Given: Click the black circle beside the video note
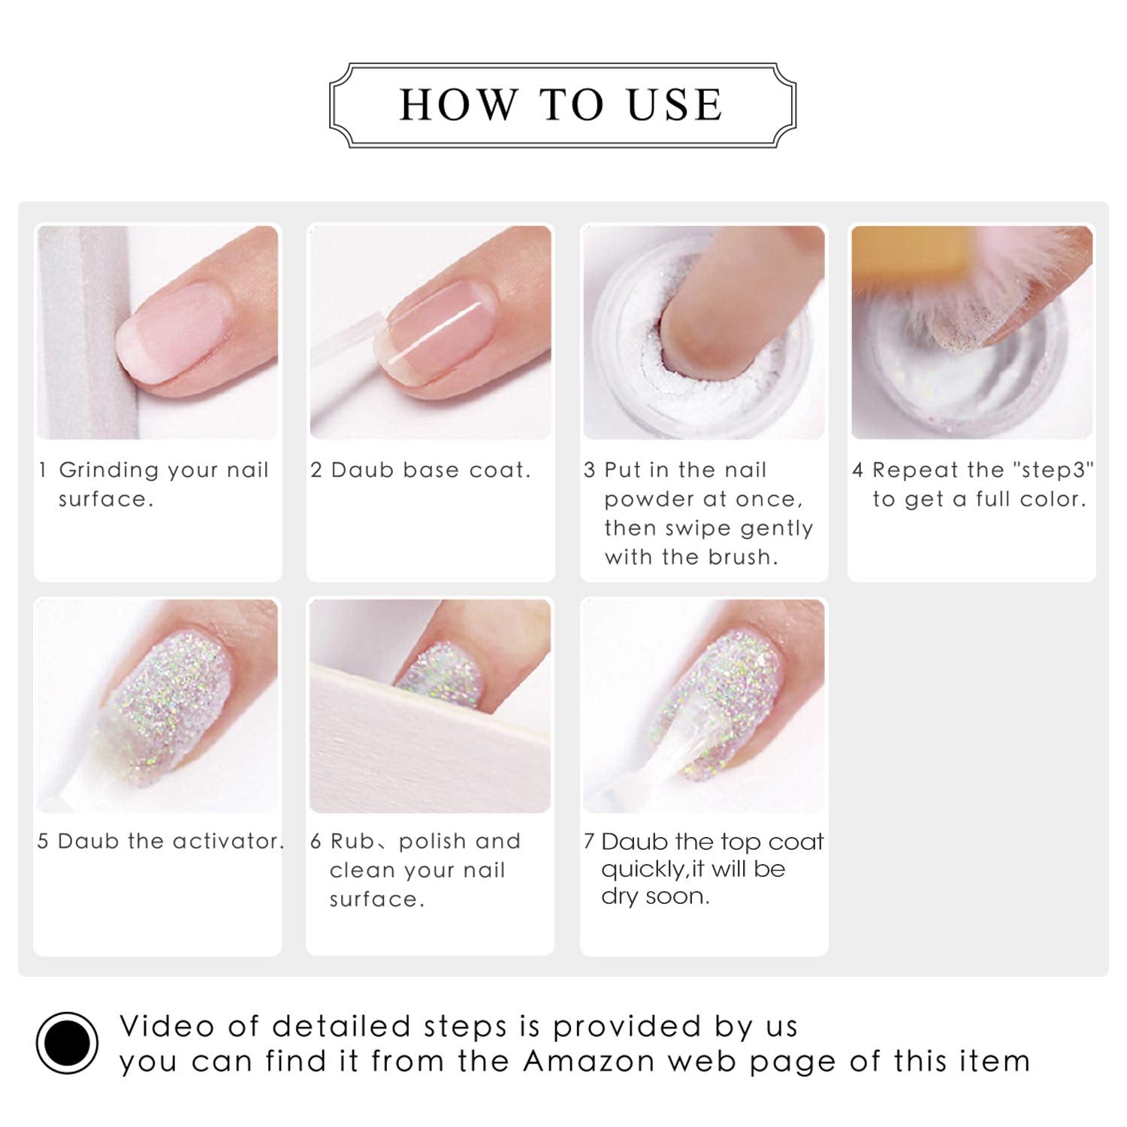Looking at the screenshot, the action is [x=67, y=1043].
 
